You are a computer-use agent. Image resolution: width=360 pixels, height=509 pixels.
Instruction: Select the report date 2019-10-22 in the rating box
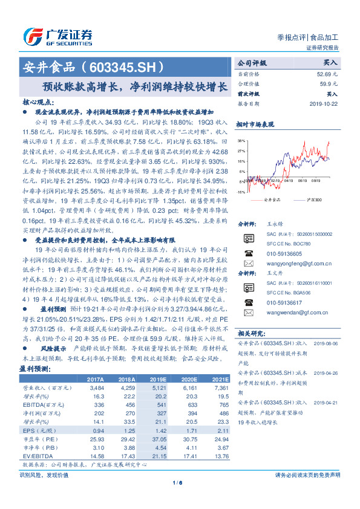point(321,103)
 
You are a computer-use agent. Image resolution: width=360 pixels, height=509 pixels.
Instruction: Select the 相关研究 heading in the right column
point(250,333)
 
